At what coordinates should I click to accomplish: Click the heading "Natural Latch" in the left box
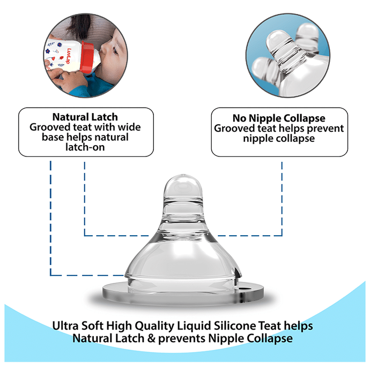[x=85, y=117]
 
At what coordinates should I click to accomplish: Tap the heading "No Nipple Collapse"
[x=279, y=118]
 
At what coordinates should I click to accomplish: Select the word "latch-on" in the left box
[x=85, y=147]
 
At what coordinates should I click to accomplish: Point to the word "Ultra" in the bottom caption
[x=65, y=326]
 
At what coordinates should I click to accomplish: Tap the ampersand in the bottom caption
[x=151, y=338]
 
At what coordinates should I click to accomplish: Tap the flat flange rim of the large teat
[x=183, y=295]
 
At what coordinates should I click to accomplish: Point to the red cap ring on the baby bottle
[x=88, y=57]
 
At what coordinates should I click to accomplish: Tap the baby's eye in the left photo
[x=115, y=51]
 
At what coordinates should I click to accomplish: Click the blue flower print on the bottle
[x=48, y=51]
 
